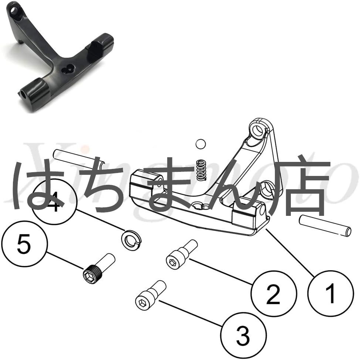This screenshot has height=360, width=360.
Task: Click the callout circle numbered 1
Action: [x=330, y=294]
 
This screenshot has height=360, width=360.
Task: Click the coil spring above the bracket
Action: [x=201, y=170]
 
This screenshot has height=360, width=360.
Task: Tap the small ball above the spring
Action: [x=200, y=144]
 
